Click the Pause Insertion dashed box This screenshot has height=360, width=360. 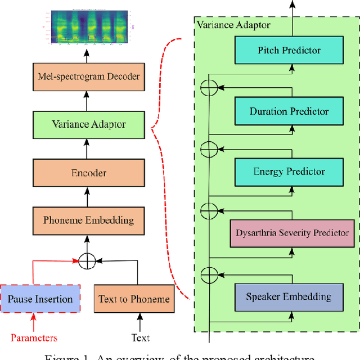[39, 299]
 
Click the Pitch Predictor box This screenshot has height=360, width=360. [289, 51]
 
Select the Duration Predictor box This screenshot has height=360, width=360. [289, 111]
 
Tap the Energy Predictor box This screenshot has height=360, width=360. [289, 172]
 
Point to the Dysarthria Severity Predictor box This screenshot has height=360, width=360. [292, 233]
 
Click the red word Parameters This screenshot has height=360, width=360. [34, 337]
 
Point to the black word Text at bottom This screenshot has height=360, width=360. [141, 337]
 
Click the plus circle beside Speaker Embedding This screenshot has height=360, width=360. [209, 275]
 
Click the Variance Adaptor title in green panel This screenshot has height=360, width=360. [233, 25]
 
